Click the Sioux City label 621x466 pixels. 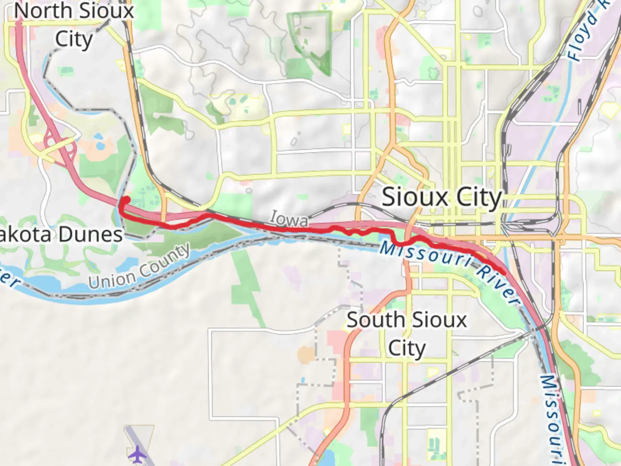click(442, 198)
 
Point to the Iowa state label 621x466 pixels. click(289, 219)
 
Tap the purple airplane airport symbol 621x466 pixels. click(137, 454)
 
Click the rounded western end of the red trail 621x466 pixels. click(126, 200)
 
